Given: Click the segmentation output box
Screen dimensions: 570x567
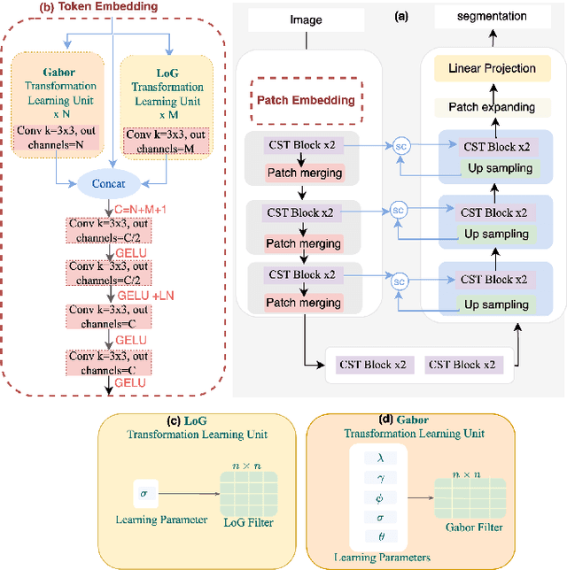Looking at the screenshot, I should [x=492, y=17].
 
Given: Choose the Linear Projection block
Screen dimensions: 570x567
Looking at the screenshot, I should [x=492, y=67].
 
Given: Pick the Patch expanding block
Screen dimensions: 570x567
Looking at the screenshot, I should [x=492, y=107].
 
